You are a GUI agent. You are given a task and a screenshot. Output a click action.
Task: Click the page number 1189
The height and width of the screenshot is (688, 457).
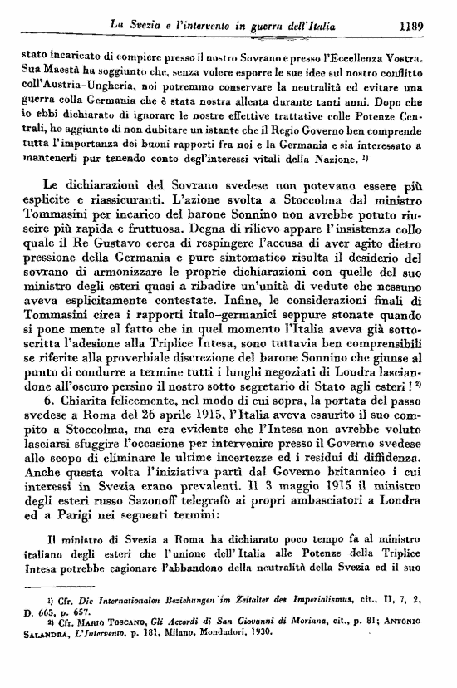[412, 26]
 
